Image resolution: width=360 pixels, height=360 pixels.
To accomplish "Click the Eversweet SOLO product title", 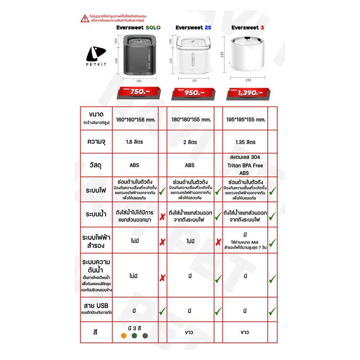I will [136, 27].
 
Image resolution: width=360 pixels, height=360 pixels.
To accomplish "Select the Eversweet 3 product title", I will [247, 27].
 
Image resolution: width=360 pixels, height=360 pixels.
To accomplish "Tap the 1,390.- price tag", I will [247, 93].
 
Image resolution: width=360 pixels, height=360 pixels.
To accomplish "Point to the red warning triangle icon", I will [84, 19].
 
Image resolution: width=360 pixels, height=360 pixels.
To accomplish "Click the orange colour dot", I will [123, 335].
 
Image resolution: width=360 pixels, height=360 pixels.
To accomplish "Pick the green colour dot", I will [134, 335].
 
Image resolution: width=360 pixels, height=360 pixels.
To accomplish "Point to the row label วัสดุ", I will [95, 165].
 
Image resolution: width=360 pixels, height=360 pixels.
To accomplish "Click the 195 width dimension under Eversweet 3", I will [247, 80].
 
